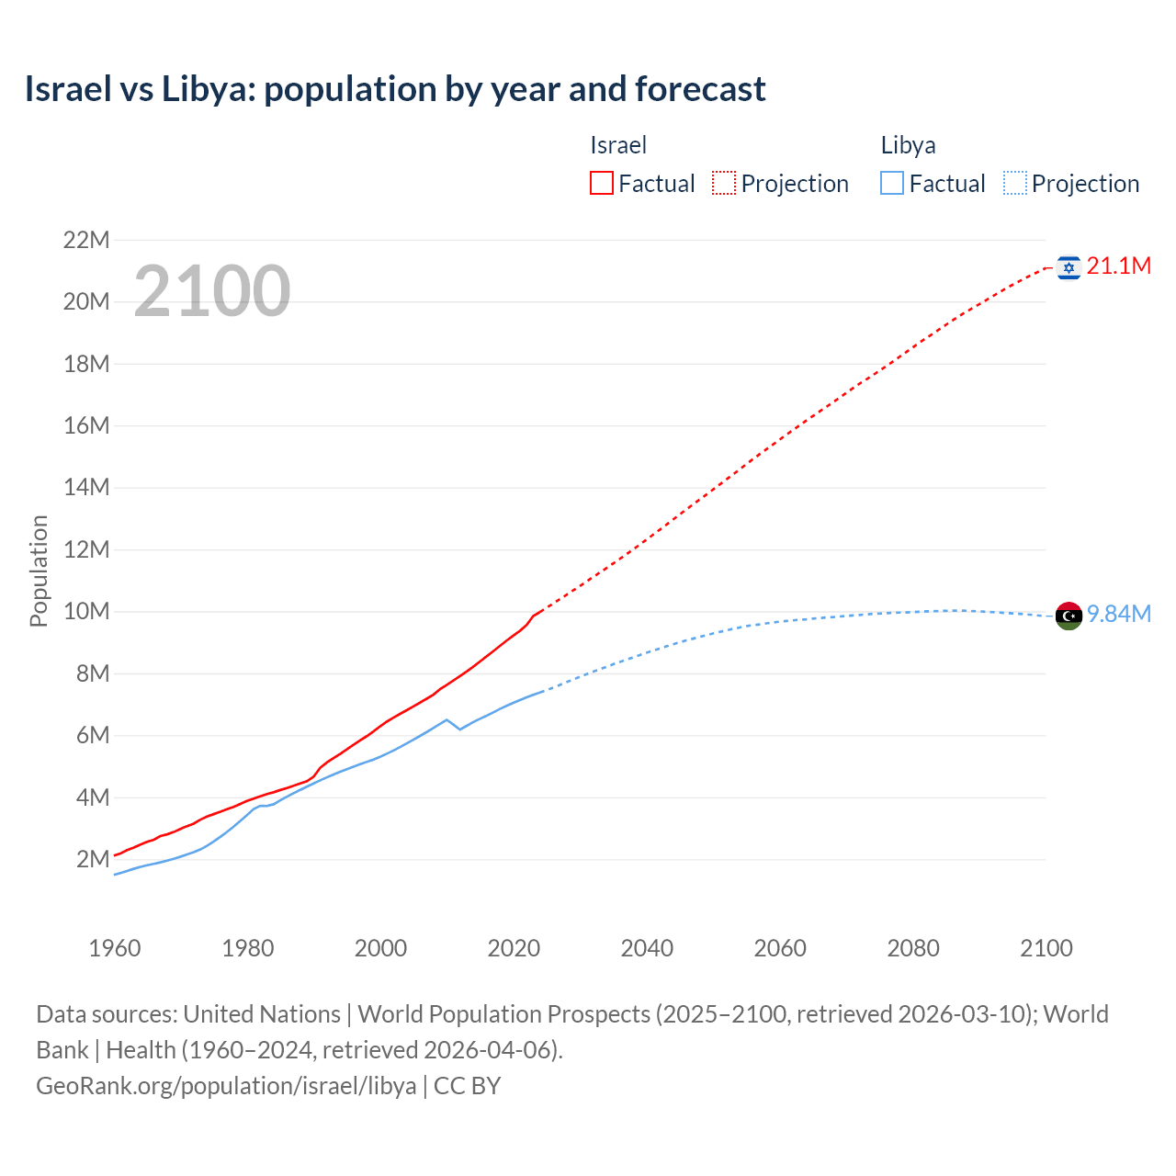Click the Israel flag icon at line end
[1069, 267]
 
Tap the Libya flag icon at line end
[1069, 616]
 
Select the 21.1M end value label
[1118, 266]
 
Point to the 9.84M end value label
[1118, 615]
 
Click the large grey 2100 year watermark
[212, 291]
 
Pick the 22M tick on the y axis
[86, 241]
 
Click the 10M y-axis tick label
[86, 612]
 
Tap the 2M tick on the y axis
[93, 860]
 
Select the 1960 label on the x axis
[115, 948]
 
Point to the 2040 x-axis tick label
[647, 948]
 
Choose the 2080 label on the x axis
[913, 948]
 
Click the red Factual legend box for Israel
[602, 184]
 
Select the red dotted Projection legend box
[724, 184]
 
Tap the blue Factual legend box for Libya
[892, 184]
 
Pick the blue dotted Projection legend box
[1015, 184]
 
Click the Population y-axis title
[39, 571]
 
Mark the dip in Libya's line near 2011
[459, 729]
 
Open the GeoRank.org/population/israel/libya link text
[226, 1086]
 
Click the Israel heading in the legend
[618, 145]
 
